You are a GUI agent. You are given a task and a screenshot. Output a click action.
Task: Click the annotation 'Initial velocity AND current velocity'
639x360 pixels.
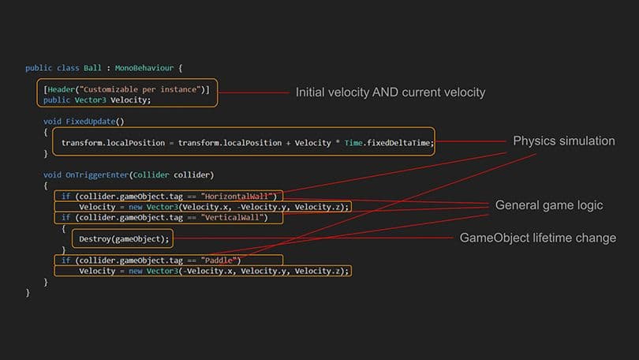pyautogui.click(x=390, y=93)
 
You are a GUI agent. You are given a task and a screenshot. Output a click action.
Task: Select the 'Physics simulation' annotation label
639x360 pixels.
pyautogui.click(x=563, y=141)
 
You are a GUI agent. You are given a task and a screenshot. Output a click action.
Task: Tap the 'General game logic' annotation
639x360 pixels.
pyautogui.click(x=548, y=205)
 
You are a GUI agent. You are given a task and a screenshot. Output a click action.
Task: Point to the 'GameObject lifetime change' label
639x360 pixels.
pyautogui.click(x=537, y=238)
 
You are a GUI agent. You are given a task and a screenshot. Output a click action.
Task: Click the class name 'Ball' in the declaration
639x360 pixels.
pyautogui.click(x=92, y=68)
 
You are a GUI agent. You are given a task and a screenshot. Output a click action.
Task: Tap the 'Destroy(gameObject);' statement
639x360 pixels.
pyautogui.click(x=122, y=238)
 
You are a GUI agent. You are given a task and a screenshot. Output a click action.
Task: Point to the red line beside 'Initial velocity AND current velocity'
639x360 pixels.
pyautogui.click(x=252, y=93)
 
